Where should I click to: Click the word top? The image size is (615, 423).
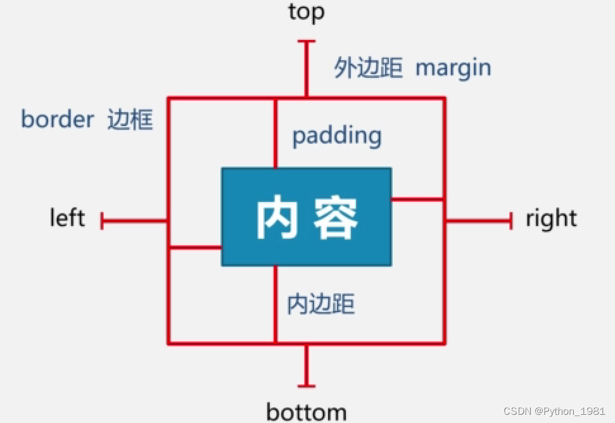coord(306,12)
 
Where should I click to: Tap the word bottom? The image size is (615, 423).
coord(307,412)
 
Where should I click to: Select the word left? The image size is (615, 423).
coord(67,218)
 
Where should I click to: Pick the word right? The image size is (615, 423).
coord(551,219)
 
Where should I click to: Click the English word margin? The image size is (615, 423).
coord(453,68)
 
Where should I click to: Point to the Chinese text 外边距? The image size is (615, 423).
coord(368,68)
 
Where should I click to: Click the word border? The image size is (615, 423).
coord(58,119)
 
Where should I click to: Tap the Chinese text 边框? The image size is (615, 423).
coord(130,119)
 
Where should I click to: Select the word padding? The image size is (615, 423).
coord(336,136)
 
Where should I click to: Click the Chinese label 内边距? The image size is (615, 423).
coord(321,305)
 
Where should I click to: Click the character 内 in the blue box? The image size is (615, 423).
coord(277,218)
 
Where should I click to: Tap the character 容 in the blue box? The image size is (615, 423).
coord(336,218)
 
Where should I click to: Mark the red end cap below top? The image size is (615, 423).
coord(307,42)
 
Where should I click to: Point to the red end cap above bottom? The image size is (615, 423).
coord(307,386)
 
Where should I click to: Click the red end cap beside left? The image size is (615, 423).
coord(103,221)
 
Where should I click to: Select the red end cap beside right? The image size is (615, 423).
coord(510,221)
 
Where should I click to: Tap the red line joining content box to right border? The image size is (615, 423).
coord(417,200)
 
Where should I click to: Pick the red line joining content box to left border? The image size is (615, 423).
coord(194,247)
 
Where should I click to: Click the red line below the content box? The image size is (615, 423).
coord(276,304)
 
